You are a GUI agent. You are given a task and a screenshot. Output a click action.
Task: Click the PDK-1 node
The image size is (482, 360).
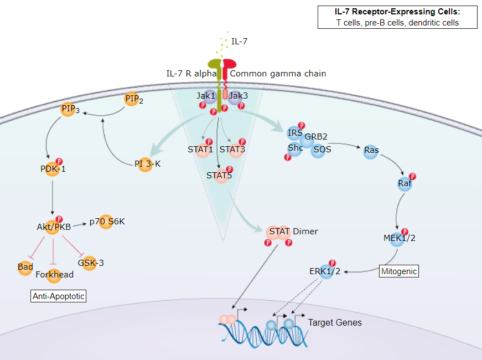[x=53, y=169]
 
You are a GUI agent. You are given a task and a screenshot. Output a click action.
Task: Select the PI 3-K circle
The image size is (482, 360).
[x=144, y=164]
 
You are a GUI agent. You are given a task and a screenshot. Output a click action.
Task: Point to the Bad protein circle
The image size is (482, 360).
[x=25, y=267]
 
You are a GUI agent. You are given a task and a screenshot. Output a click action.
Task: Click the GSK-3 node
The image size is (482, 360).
[x=90, y=263]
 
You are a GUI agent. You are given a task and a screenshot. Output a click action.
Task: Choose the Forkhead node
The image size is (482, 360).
[x=54, y=274]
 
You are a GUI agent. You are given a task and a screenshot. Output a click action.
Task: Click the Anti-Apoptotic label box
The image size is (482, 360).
[x=59, y=296]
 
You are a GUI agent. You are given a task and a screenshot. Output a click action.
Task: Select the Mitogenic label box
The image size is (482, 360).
[x=398, y=271]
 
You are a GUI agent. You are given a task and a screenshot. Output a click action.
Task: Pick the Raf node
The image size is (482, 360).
[x=405, y=184]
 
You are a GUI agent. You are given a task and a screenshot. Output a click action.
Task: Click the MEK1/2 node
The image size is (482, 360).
[x=399, y=238]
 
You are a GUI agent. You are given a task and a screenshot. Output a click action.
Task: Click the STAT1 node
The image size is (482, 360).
[x=200, y=150]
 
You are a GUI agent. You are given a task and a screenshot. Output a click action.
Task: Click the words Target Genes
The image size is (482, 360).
[x=335, y=322]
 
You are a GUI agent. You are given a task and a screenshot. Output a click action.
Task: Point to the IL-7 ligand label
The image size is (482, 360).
[x=239, y=42]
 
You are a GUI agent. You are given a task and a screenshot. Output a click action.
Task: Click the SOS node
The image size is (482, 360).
[x=318, y=150]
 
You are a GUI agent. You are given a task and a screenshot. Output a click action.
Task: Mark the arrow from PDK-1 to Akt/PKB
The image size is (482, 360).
[x=53, y=197]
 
